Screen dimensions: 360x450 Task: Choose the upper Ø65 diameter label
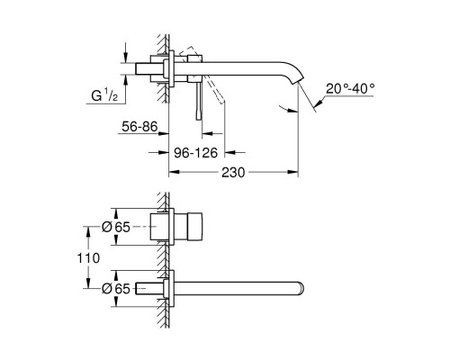115,227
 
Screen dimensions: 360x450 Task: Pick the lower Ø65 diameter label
115,288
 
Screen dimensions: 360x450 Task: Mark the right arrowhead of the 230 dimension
295,170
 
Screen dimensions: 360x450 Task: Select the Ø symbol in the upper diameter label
107,227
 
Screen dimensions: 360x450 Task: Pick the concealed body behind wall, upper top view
161,227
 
